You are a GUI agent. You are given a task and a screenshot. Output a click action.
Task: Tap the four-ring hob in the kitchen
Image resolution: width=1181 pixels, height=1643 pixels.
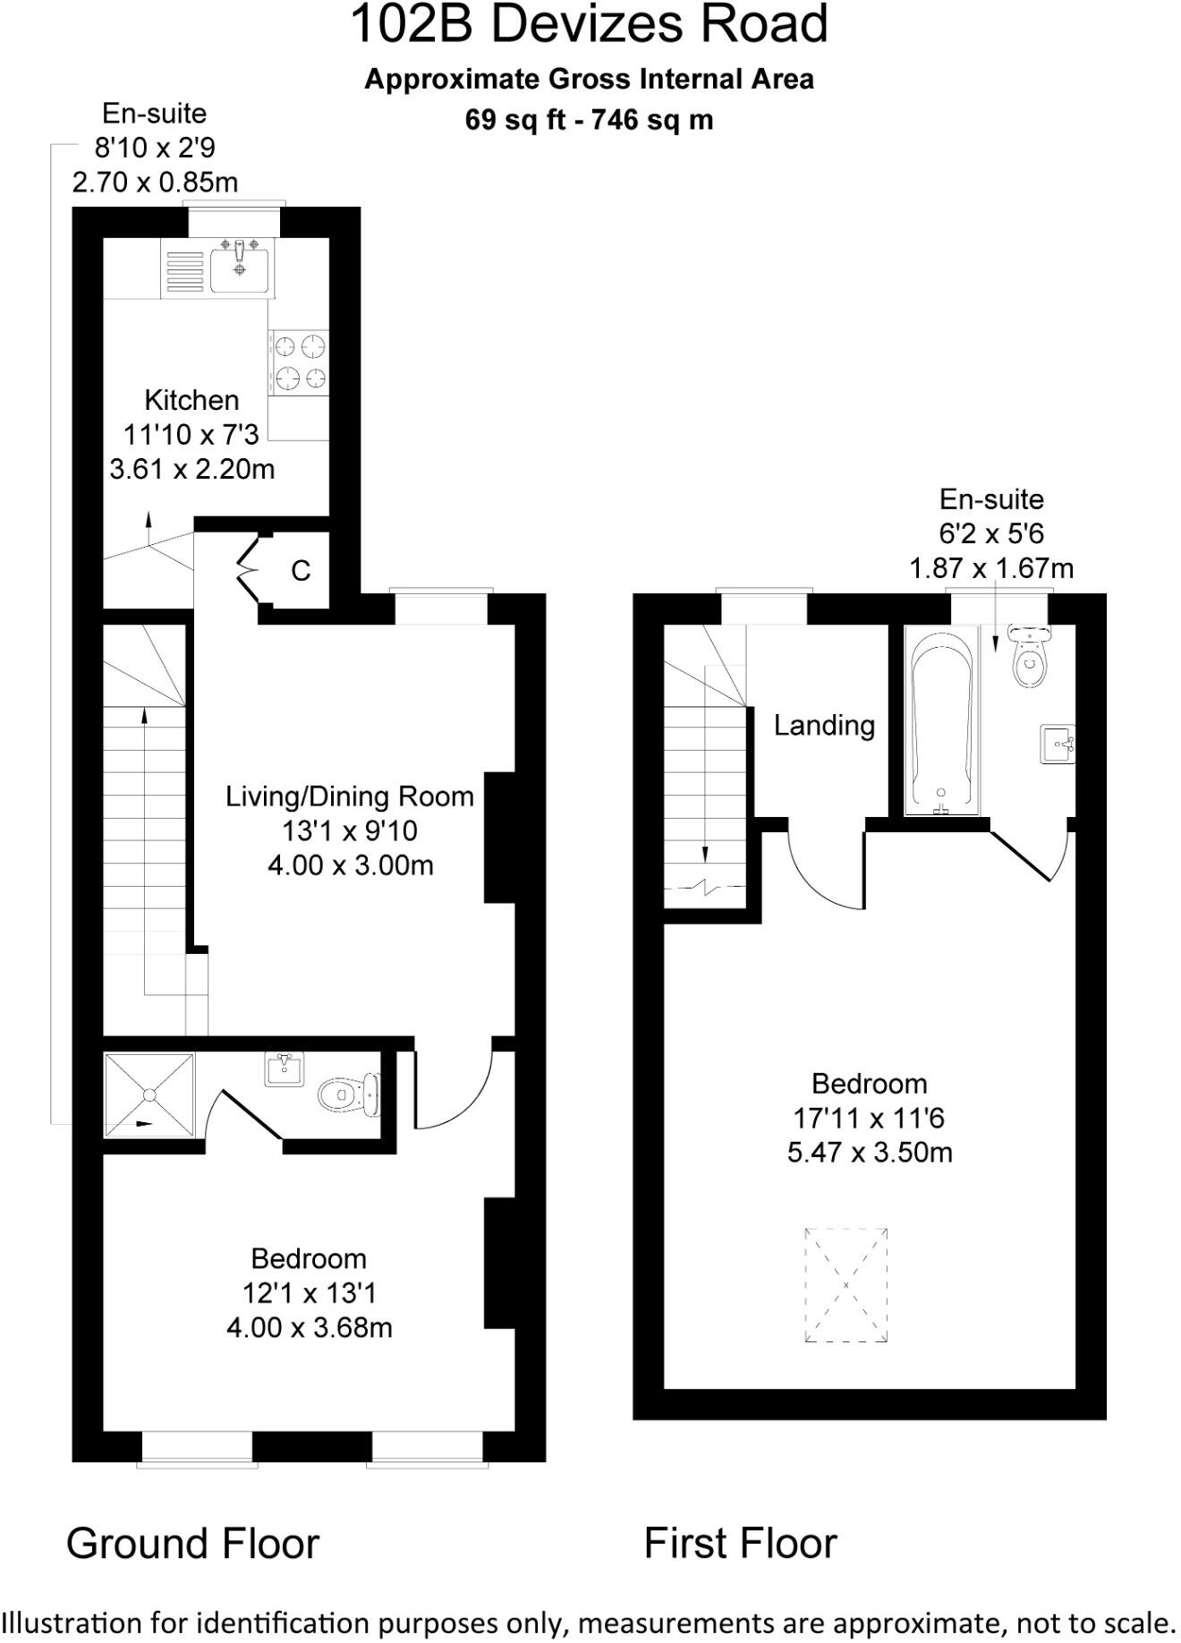click(x=299, y=362)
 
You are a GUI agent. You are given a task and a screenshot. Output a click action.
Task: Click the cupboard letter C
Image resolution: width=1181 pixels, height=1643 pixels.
click(x=301, y=570)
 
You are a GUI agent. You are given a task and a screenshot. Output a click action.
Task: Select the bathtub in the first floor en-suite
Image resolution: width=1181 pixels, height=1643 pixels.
click(x=940, y=721)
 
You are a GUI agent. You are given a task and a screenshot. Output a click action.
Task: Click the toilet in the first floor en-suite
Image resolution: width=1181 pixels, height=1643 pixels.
click(x=1030, y=658)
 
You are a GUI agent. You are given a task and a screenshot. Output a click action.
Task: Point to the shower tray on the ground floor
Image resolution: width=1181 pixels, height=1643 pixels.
click(x=149, y=1094)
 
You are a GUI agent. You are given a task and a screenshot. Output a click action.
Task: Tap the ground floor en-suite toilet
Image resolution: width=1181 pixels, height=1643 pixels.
click(x=348, y=1094)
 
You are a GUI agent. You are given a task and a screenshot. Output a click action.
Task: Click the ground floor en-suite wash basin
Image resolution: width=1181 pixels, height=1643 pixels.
click(x=284, y=1069)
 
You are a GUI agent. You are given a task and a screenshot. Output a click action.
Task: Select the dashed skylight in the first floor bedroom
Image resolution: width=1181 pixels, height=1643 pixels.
click(x=845, y=1284)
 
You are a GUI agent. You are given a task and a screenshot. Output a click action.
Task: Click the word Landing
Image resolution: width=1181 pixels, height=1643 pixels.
click(x=824, y=725)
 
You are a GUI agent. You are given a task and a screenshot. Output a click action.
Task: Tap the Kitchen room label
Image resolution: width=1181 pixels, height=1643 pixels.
click(x=191, y=400)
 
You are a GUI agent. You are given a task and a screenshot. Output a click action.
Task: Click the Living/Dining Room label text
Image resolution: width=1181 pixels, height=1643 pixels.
click(x=350, y=796)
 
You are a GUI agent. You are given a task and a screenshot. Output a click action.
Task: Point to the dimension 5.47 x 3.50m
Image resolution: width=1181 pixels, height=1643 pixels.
click(x=870, y=1152)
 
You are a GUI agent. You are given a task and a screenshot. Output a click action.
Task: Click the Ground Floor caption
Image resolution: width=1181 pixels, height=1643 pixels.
click(x=192, y=1544)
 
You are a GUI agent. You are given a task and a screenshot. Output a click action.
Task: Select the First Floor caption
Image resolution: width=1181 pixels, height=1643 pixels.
click(x=740, y=1544)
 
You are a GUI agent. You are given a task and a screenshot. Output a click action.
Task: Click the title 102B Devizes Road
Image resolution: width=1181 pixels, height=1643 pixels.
click(x=589, y=25)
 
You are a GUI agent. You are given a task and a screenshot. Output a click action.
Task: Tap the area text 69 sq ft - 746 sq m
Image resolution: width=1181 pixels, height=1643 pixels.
click(x=589, y=120)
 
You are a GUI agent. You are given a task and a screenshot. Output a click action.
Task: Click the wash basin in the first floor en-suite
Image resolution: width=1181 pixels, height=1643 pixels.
click(x=1058, y=745)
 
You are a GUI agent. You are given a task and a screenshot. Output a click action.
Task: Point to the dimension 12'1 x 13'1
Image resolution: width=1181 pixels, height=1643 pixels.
click(x=309, y=1293)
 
